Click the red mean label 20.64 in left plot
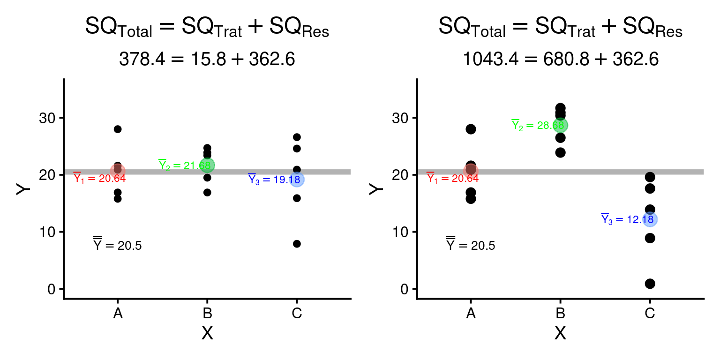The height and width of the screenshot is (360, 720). click(99, 178)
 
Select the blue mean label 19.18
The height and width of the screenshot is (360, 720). click(274, 180)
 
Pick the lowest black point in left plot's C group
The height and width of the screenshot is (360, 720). click(297, 244)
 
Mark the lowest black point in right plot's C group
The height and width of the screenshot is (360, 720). click(650, 284)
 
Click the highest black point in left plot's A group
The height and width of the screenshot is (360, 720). click(118, 129)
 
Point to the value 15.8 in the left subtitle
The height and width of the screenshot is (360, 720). click(191, 60)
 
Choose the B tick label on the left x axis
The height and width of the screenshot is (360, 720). click(207, 313)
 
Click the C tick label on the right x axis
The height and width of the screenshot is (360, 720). click(650, 313)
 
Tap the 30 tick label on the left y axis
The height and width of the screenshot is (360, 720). click(48, 118)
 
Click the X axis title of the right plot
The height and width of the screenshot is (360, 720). click(560, 333)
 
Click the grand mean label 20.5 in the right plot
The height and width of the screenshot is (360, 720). click(470, 245)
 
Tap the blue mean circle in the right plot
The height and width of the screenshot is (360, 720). click(650, 219)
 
